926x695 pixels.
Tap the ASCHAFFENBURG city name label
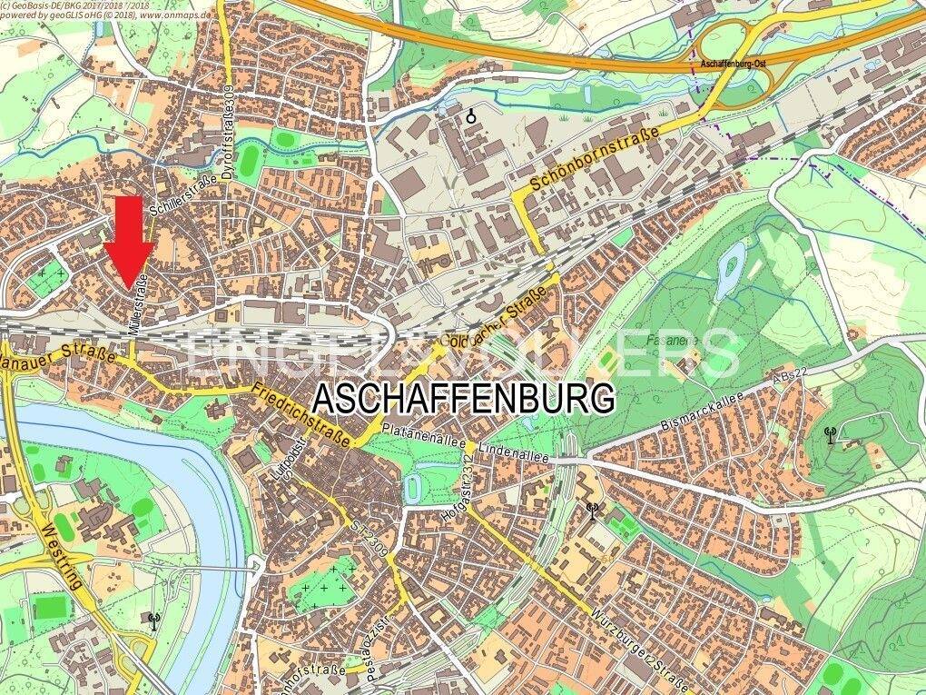pyautogui.click(x=464, y=398)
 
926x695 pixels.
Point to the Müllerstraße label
pyautogui.click(x=138, y=309)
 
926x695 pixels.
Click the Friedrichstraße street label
pyautogui.click(x=303, y=417)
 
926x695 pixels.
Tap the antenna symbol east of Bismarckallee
pyautogui.click(x=828, y=435)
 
